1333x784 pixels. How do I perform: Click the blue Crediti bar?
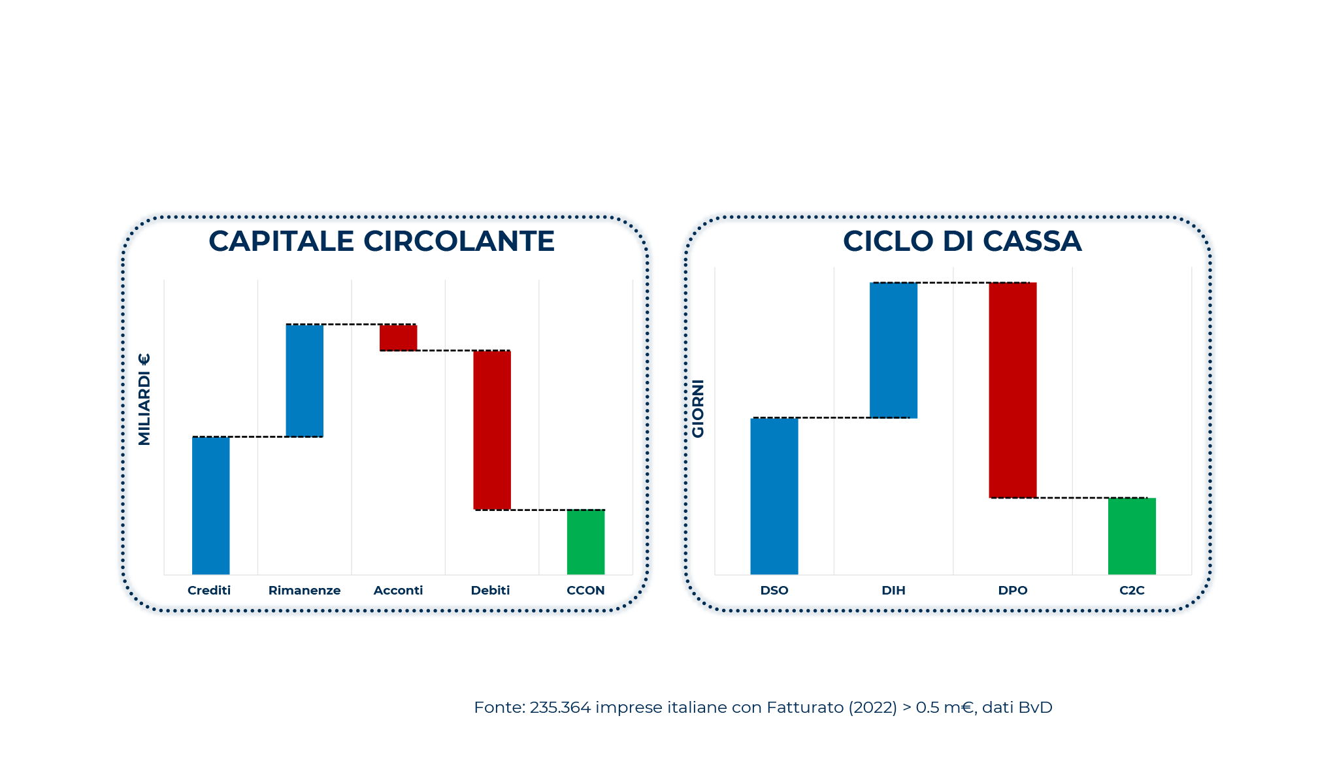[210, 505]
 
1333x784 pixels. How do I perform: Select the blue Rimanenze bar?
[304, 380]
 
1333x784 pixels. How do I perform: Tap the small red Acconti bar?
[398, 337]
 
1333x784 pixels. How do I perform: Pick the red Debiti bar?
[492, 430]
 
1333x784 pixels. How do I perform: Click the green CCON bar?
[585, 542]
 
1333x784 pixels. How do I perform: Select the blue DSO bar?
[774, 496]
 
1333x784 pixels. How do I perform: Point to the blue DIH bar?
[893, 350]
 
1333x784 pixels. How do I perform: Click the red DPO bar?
[1012, 390]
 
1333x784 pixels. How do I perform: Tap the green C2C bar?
[1132, 536]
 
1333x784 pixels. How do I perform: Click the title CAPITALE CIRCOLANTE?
[382, 241]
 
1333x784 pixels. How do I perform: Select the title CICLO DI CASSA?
[962, 241]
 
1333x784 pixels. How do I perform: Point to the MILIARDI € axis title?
[144, 399]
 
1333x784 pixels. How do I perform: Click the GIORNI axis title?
[698, 408]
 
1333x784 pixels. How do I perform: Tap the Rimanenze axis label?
[304, 590]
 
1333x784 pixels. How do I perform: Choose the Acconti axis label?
[398, 590]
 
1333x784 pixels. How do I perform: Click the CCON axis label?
[585, 590]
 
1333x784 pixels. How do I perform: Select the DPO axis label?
[1012, 590]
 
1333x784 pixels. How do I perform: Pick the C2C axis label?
[1132, 590]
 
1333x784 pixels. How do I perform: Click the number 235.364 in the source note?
[560, 708]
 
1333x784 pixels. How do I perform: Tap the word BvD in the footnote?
[1035, 708]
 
